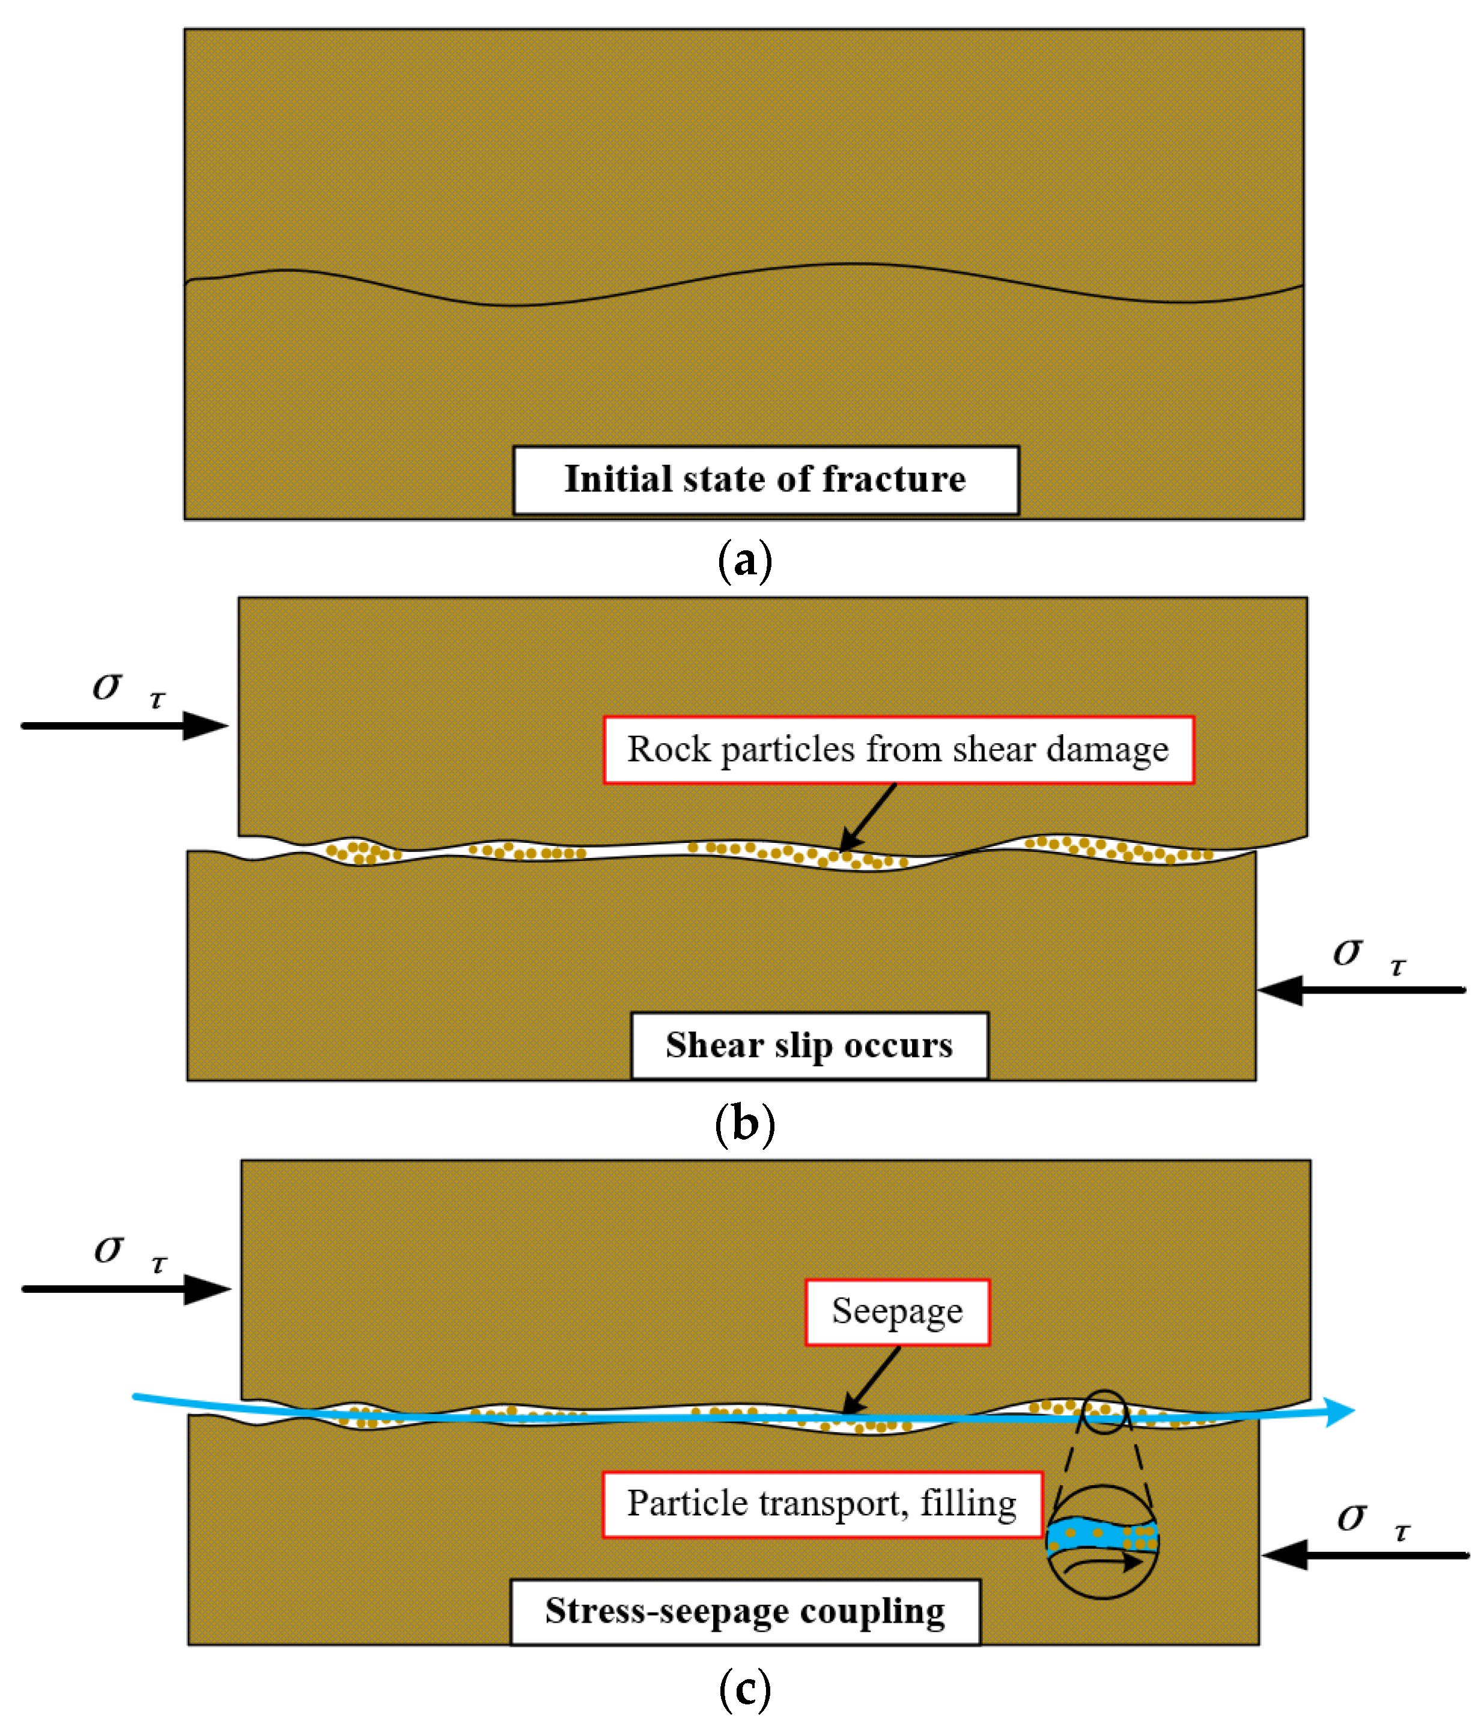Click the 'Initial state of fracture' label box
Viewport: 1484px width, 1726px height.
[765, 481]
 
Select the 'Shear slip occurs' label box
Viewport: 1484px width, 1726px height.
[809, 1045]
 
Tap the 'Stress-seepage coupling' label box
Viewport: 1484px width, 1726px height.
[745, 1611]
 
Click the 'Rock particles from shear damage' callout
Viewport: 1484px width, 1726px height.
[898, 750]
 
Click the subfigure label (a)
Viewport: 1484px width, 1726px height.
[744, 561]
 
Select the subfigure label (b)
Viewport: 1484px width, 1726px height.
[744, 1124]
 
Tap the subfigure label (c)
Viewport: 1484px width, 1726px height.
[744, 1689]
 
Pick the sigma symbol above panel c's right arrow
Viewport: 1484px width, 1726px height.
[1351, 1517]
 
